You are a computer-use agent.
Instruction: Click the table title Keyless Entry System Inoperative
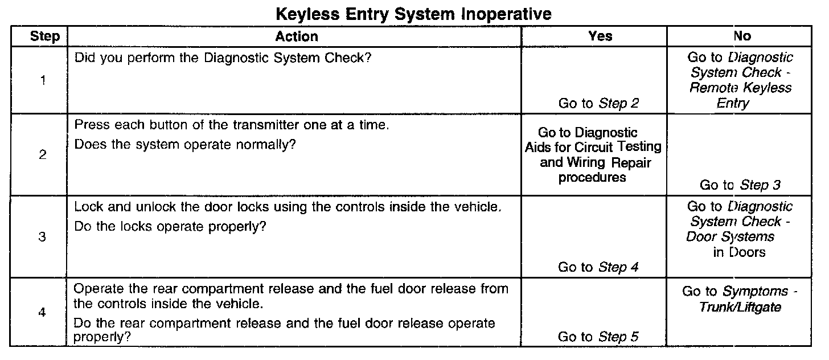pos(413,14)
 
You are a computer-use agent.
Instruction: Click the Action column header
pos(297,37)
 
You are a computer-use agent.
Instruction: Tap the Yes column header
pos(600,37)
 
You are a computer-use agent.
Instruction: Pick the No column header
pos(742,37)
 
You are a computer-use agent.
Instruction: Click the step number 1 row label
pos(43,80)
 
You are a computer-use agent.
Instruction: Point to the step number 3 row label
pos(43,238)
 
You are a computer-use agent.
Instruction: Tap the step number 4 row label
pos(43,313)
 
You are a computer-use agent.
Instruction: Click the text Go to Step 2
pos(598,103)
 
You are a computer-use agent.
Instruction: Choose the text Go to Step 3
pos(740,185)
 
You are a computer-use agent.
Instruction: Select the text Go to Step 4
pos(598,267)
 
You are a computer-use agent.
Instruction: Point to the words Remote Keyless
pos(740,88)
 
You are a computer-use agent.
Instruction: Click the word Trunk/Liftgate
pos(741,308)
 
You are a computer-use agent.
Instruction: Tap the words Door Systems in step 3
pos(730,236)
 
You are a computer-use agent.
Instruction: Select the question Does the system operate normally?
pos(186,145)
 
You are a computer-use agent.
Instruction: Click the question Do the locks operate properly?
pos(171,226)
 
